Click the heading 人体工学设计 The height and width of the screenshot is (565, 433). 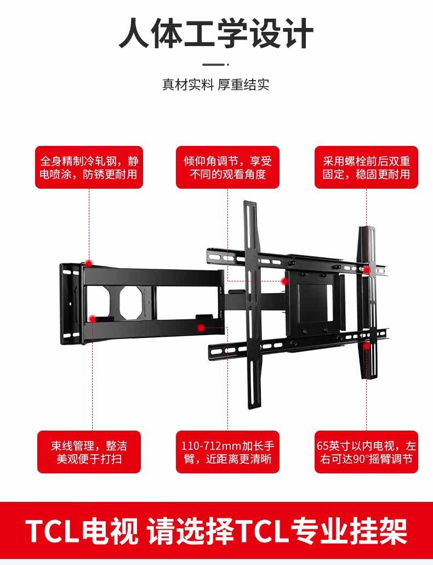216,34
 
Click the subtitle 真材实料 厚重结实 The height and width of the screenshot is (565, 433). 216,85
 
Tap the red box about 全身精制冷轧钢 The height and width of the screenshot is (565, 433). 89,167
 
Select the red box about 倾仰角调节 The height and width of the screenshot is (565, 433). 227,167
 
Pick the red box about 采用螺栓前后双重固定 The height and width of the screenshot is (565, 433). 366,167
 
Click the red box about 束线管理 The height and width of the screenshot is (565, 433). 89,451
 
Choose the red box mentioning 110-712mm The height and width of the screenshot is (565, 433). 227,451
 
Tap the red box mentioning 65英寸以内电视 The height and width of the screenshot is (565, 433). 366,451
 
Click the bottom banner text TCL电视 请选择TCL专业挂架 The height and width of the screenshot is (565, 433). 216,531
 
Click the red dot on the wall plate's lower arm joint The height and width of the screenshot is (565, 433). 93,318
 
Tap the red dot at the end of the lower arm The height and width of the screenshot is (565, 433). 201,327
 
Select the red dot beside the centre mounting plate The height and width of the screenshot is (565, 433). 284,281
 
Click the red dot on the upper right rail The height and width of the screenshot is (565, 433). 366,269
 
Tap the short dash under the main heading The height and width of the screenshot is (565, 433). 216,64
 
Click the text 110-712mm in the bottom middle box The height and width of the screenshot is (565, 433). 205,444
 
